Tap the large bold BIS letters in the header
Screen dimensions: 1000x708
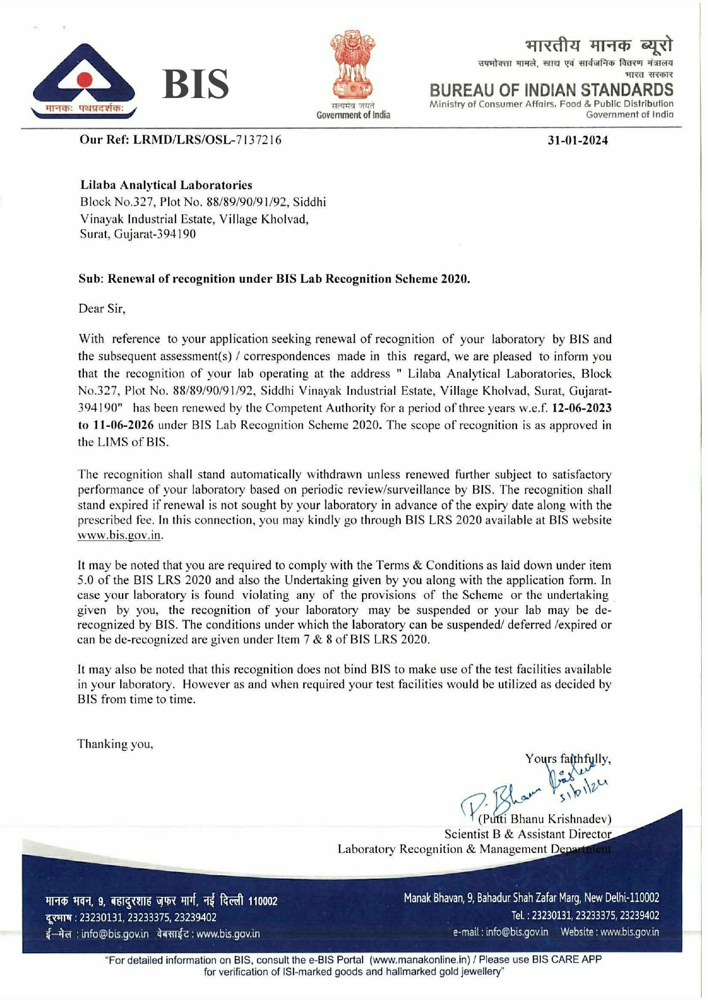[x=196, y=84]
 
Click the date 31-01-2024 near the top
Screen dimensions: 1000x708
[x=577, y=140]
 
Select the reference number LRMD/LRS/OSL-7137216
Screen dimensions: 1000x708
[x=207, y=140]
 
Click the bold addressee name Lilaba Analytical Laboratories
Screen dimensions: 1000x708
[x=166, y=185]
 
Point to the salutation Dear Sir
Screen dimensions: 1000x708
[x=101, y=309]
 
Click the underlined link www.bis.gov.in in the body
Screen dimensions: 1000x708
[x=120, y=536]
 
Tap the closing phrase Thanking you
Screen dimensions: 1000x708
[x=115, y=744]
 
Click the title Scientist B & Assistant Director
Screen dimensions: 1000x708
[x=527, y=834]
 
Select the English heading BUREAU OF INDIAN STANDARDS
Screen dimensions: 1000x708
[x=551, y=90]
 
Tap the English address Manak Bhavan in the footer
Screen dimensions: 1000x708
[x=531, y=898]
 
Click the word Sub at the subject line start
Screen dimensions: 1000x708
[x=89, y=279]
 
